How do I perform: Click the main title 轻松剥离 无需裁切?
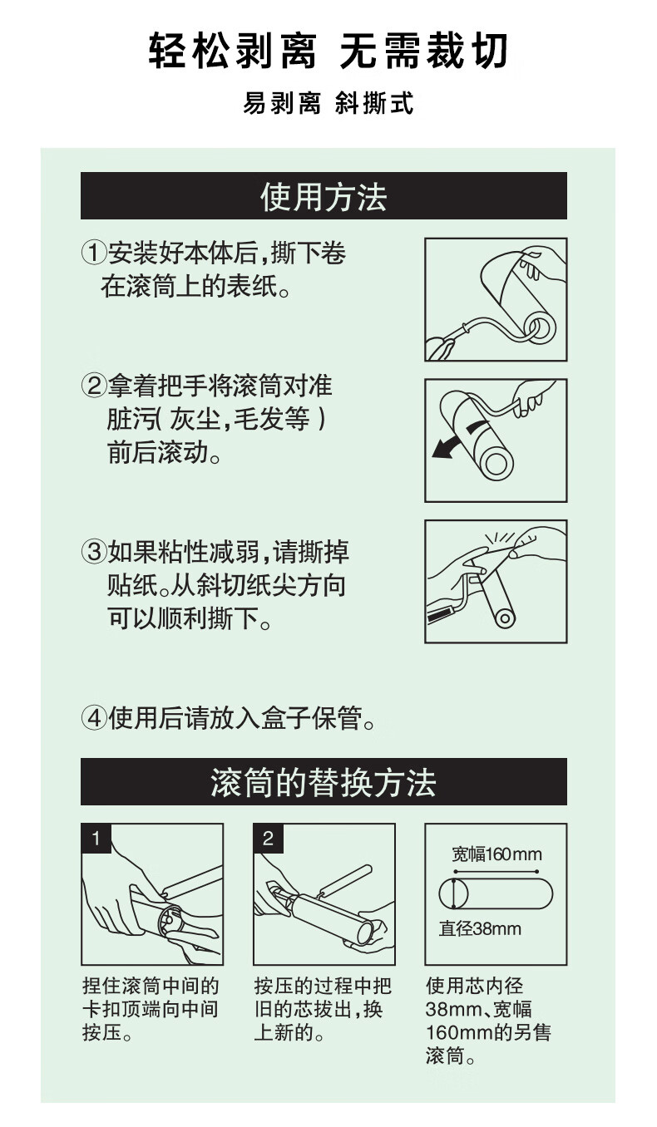[x=328, y=52]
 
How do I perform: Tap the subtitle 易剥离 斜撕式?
[x=328, y=103]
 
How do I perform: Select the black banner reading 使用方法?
[x=324, y=195]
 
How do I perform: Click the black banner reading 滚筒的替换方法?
[x=324, y=781]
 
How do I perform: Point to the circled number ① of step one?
[x=94, y=253]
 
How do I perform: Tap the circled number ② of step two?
[x=94, y=386]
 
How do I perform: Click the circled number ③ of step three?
[x=94, y=552]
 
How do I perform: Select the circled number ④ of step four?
[x=94, y=718]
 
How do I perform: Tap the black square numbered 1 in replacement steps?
[x=96, y=839]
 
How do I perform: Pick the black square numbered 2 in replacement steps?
[x=268, y=839]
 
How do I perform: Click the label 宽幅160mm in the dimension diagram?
[x=496, y=854]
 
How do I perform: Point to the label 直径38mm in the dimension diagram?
[x=480, y=928]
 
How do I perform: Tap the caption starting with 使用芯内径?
[x=488, y=1021]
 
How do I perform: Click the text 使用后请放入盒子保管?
[x=229, y=718]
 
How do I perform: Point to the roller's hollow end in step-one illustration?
[x=539, y=326]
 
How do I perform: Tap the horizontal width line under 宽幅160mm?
[x=496, y=871]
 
